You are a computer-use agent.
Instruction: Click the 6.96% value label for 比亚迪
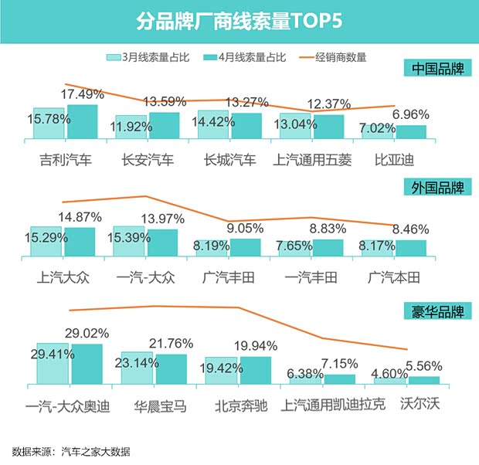[x=410, y=114]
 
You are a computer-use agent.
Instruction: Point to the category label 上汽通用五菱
[x=311, y=161]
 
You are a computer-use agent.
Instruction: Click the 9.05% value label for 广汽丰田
[x=246, y=229]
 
